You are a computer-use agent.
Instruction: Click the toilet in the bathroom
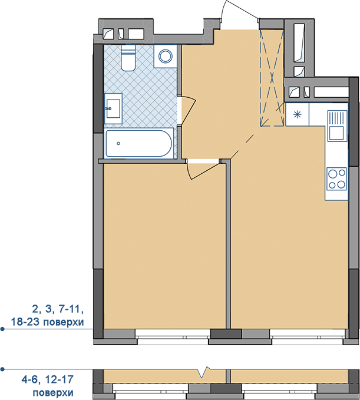(x=128, y=58)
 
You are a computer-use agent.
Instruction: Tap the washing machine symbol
(x=166, y=56)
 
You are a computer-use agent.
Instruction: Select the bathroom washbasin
(x=113, y=108)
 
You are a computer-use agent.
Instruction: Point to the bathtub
(x=139, y=143)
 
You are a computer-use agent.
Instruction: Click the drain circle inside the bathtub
(x=118, y=143)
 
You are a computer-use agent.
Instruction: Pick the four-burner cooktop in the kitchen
(x=337, y=179)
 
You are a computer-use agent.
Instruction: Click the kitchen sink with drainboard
(x=337, y=125)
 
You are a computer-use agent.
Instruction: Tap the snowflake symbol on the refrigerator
(x=297, y=114)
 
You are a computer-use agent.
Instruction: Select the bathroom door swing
(x=189, y=110)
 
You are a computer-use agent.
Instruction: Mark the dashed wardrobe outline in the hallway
(x=272, y=78)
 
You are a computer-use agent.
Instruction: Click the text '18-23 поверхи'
(x=47, y=322)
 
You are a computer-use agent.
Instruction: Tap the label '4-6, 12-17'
(x=48, y=379)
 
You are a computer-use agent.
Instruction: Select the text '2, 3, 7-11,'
(x=58, y=309)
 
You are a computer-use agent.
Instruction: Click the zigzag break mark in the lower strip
(x=204, y=372)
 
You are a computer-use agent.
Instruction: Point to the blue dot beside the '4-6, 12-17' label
(x=2, y=369)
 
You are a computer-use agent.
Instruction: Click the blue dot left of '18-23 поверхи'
(x=2, y=329)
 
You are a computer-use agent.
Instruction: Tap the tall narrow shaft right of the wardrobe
(x=299, y=43)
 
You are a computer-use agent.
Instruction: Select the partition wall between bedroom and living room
(x=228, y=246)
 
